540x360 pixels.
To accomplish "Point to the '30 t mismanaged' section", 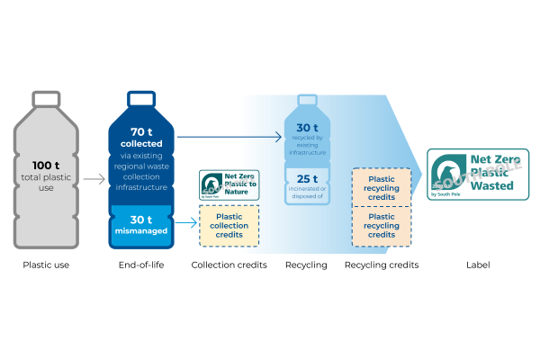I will coord(141,225).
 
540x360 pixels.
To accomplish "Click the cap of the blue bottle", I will coord(141,94).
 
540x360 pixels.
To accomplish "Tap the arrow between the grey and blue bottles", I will coord(94,179).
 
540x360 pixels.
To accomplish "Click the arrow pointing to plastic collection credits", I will coord(184,220).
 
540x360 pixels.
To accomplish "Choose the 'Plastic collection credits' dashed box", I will coord(229,226).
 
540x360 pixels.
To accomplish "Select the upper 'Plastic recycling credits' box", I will coord(382,187).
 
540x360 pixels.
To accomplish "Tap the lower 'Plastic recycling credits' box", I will coord(382,225).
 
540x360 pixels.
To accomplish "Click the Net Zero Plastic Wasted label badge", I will coord(477,174).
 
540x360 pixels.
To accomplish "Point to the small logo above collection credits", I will coord(229,184).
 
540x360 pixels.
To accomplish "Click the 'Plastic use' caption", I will coord(46,265).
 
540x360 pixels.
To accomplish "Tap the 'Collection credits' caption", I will coord(229,265).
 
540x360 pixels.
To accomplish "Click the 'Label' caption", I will coord(478,265).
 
